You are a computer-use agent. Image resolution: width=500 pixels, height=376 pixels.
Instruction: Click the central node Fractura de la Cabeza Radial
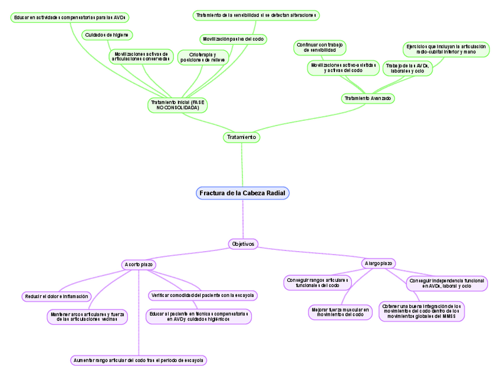coord(242,193)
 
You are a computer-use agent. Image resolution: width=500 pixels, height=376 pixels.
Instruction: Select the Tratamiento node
coord(242,137)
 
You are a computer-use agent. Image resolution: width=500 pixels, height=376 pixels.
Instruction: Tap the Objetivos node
coord(243,243)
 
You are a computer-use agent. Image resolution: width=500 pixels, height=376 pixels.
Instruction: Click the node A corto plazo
coord(139,265)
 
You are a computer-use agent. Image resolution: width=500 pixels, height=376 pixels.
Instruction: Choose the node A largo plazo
coord(379,263)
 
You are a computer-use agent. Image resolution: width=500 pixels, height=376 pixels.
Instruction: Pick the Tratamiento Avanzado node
coord(367,98)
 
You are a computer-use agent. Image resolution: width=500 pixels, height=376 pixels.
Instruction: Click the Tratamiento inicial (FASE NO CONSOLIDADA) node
coord(177,105)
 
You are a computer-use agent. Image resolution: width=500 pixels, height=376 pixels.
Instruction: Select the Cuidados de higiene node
coord(107,35)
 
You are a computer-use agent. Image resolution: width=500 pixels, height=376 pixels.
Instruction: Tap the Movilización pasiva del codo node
coord(233,39)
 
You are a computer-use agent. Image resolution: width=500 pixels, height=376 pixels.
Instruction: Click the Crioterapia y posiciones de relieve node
coord(202,57)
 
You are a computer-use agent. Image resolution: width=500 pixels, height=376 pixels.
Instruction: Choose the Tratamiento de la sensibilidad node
coord(256,15)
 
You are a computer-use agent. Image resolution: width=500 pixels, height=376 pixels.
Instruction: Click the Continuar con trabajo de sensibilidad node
coord(320,48)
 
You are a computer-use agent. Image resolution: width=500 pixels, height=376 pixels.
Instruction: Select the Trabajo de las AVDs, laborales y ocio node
coord(407,68)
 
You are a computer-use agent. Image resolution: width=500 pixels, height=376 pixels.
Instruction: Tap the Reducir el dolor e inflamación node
coord(57,296)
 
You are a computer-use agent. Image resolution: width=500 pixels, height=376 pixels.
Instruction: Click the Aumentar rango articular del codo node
coord(138,359)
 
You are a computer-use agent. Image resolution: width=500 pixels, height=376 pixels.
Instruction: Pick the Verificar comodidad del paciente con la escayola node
coord(202,295)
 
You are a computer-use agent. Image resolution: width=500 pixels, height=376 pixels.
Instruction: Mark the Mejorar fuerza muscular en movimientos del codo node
coord(340,312)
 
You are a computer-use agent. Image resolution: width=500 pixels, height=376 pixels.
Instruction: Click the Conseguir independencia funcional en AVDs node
coord(448,283)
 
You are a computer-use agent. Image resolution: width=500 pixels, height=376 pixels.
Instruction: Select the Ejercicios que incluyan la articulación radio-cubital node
coord(447,49)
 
